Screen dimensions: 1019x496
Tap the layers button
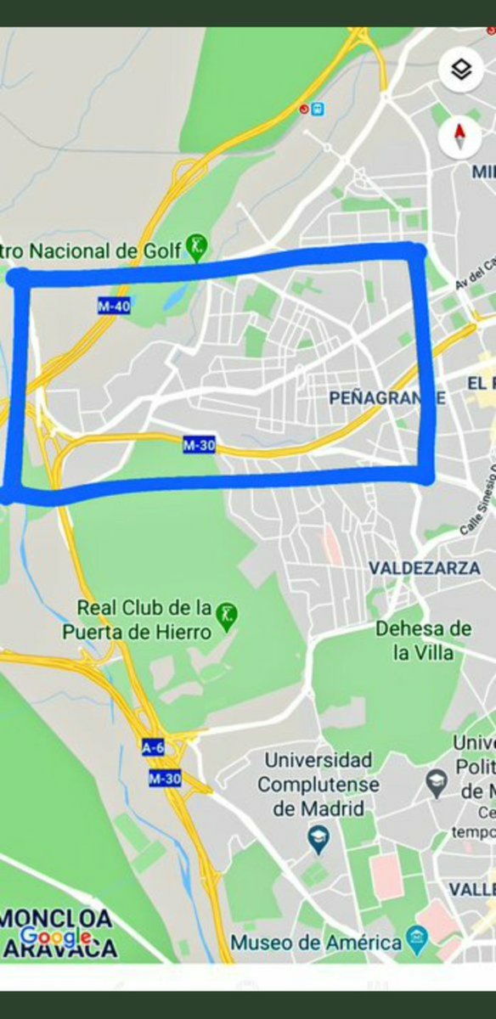460,70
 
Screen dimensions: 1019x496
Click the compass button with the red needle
460,136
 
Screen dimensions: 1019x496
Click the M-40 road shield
114,307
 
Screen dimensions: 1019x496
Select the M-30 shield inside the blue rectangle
199,443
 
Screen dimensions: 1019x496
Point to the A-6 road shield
153,747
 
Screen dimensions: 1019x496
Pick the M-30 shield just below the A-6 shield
165,778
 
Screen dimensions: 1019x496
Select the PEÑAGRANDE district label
386,398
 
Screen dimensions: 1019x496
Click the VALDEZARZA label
424,568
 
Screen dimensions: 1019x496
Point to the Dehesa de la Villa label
423,640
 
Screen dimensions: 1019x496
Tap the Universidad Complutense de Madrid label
318,783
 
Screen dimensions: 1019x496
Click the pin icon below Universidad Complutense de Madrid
318,842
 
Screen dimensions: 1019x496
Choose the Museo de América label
316,943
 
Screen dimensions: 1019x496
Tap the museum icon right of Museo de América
417,938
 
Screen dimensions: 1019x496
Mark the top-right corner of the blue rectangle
415,251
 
